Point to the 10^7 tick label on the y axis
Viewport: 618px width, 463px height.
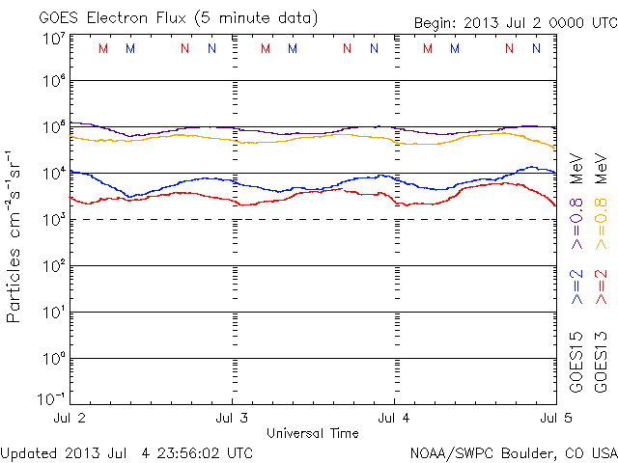tap(52, 40)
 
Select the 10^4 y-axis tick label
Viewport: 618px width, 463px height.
tap(52, 174)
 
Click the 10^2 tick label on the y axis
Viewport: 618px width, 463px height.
tap(52, 266)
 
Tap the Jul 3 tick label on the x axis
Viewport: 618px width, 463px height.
tap(233, 418)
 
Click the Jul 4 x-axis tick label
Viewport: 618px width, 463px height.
tap(394, 418)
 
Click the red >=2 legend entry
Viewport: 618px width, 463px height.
tap(601, 287)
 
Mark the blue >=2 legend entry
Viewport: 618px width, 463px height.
tap(577, 287)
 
